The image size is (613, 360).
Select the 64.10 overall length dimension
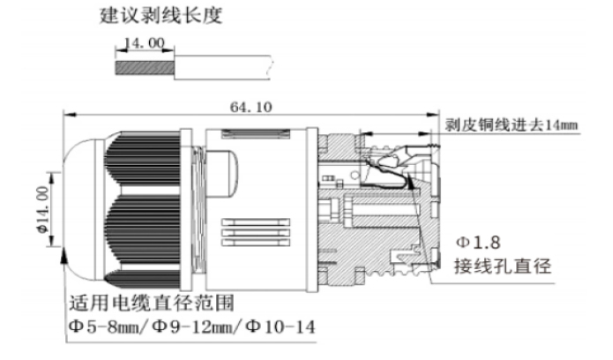[x=251, y=107]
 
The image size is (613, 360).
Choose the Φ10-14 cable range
[x=280, y=328]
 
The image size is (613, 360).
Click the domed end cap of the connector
[x=75, y=203]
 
